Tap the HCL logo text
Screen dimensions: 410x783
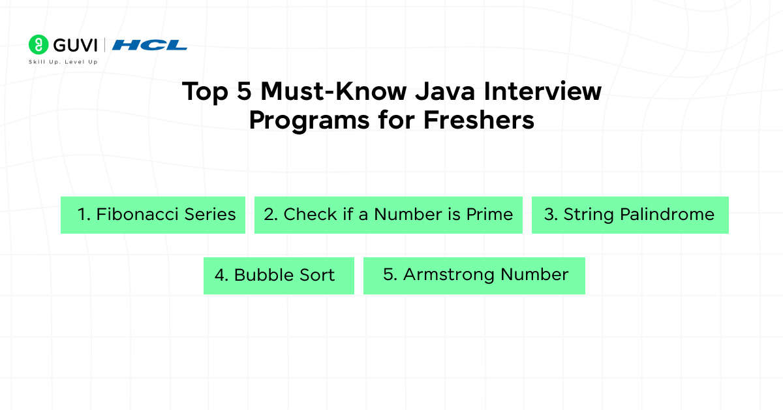point(149,45)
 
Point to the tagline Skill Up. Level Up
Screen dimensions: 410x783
point(63,61)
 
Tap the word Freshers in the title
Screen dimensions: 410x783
point(479,120)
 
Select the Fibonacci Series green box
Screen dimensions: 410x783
point(153,215)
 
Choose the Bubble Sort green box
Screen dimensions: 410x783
point(279,276)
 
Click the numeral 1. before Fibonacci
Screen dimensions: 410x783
point(84,214)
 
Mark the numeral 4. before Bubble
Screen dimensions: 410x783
point(221,276)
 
